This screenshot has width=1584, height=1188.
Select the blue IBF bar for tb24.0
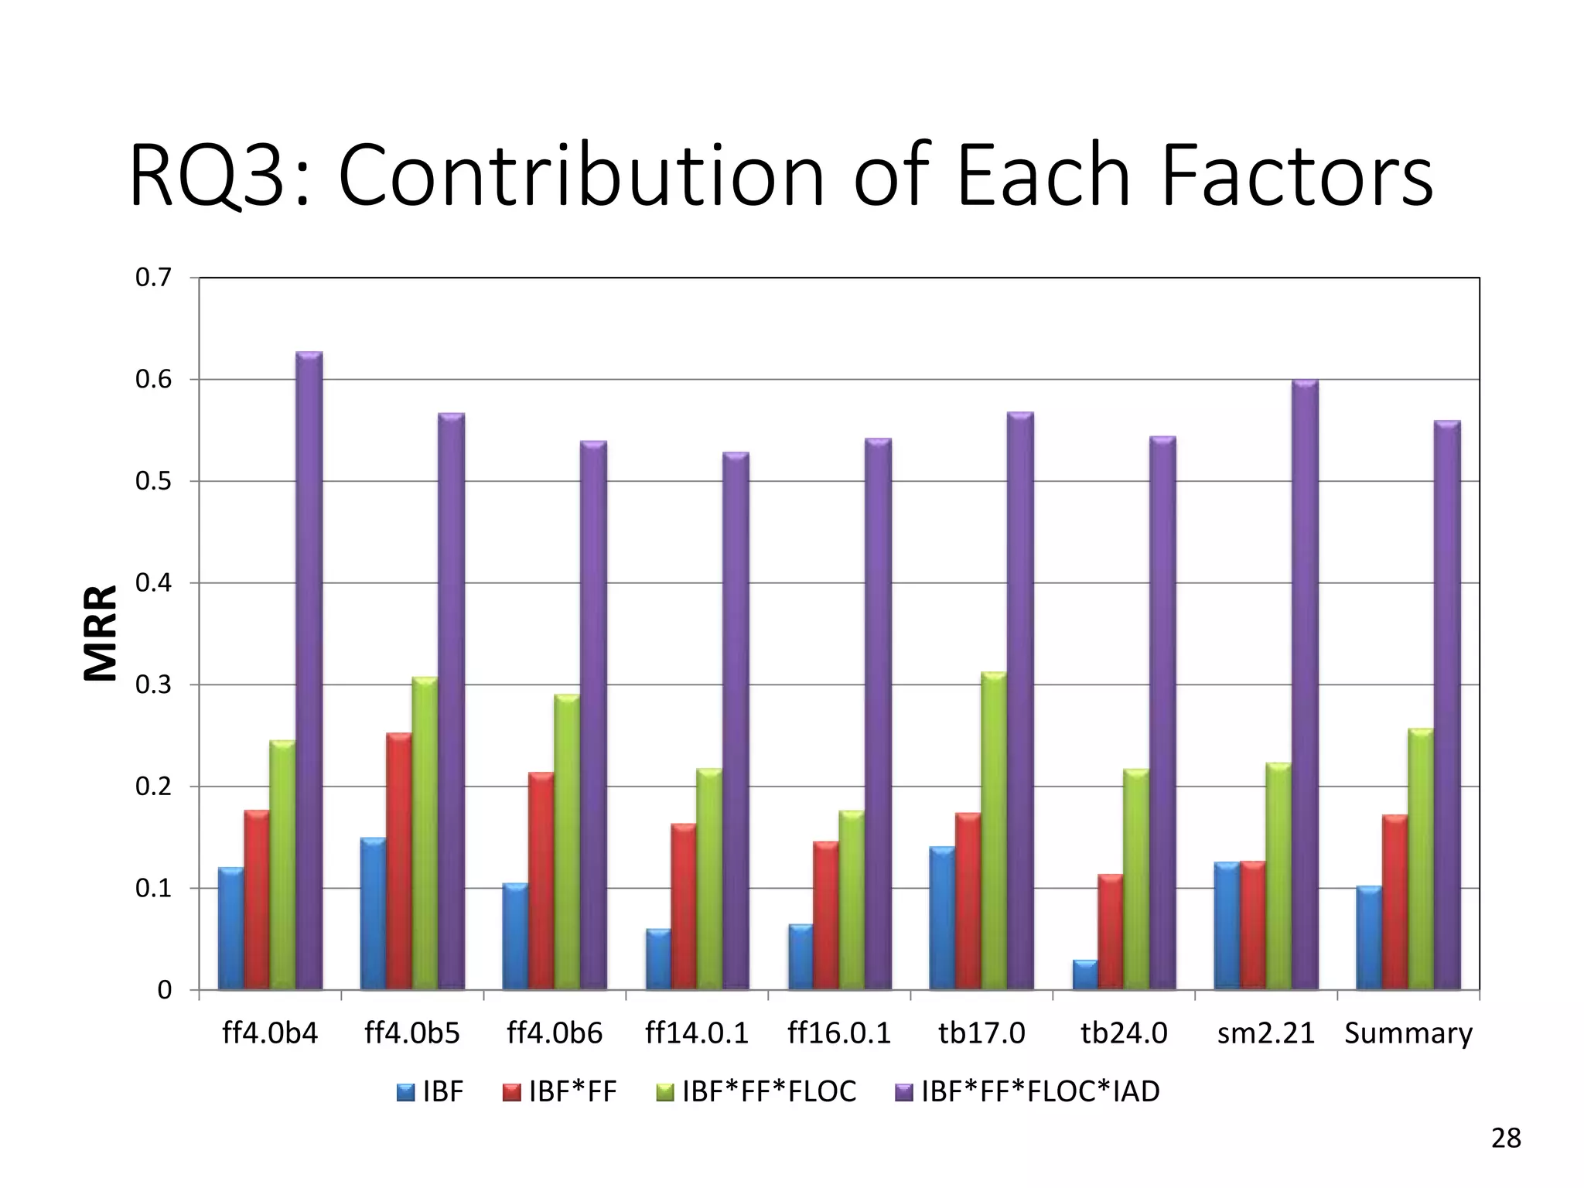coord(1084,975)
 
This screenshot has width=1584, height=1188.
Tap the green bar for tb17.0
coord(994,831)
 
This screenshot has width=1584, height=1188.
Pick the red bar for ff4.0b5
coord(399,862)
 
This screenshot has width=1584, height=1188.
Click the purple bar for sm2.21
coord(1305,685)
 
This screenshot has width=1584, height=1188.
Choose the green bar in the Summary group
coord(1421,859)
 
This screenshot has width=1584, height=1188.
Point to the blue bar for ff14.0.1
coord(658,960)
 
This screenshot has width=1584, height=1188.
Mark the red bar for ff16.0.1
coord(825,916)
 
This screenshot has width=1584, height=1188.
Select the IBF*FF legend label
coord(572,1091)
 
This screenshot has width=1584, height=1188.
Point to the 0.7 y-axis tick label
coord(153,278)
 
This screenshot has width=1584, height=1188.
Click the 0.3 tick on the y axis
coord(153,685)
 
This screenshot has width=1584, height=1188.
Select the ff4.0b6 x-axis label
coord(554,1033)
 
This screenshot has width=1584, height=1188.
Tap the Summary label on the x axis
coord(1408,1033)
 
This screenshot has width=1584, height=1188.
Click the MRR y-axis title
coord(101,633)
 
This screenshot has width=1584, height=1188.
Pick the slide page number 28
coord(1505,1138)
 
